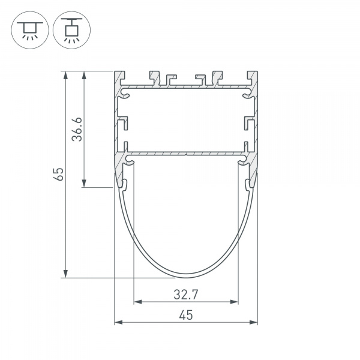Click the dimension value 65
pyautogui.click(x=58, y=175)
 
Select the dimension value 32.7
pyautogui.click(x=185, y=294)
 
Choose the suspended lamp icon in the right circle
pyautogui.click(x=71, y=28)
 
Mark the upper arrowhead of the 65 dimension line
pyautogui.click(x=65, y=75)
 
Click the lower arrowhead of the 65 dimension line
pyautogui.click(x=65, y=274)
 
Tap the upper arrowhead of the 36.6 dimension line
pyautogui.click(x=84, y=75)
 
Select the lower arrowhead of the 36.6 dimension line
pyautogui.click(x=84, y=184)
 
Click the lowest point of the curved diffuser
pyautogui.click(x=186, y=277)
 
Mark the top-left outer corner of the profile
pyautogui.click(x=115, y=71)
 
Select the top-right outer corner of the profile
pyautogui.click(x=257, y=71)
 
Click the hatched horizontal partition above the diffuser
pyautogui.click(x=186, y=155)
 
